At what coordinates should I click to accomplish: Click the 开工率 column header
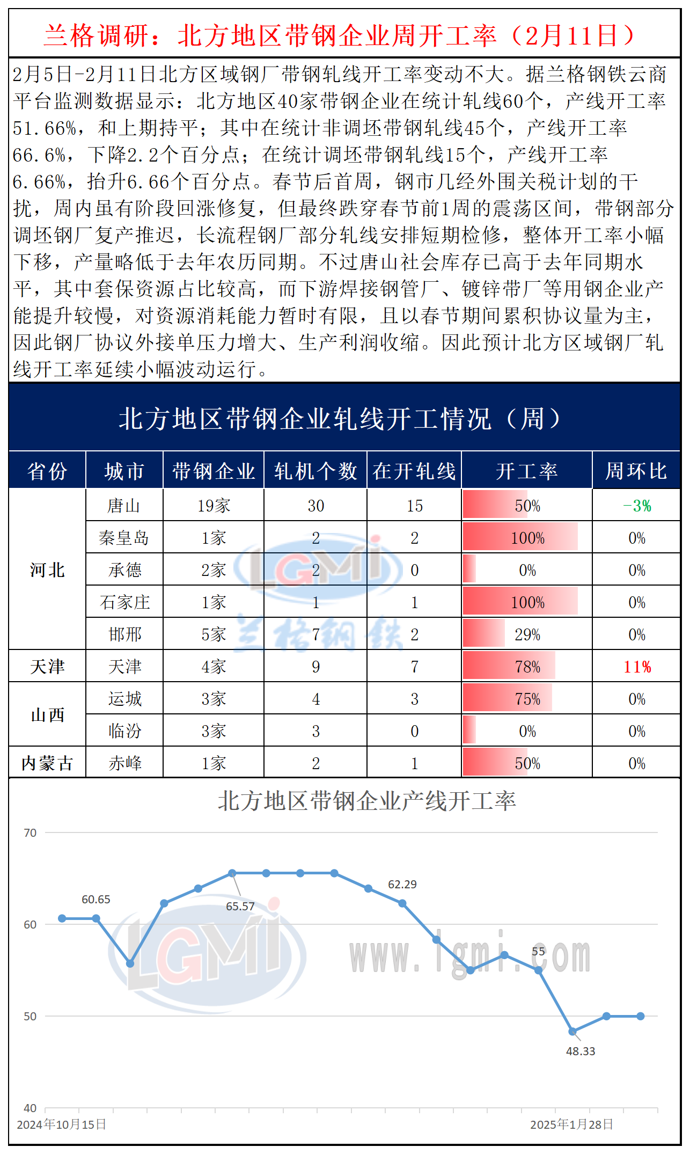[526, 471]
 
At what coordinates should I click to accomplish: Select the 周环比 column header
[636, 471]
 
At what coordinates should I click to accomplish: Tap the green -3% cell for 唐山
[637, 506]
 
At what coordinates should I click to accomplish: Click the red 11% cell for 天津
[637, 667]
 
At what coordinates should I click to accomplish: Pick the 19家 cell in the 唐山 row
[214, 506]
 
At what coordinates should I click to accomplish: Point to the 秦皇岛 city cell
[124, 538]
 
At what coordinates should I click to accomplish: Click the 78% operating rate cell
[527, 667]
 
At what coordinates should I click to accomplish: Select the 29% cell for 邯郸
[527, 634]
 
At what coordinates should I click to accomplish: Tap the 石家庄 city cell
[124, 602]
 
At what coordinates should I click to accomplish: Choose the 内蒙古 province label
[47, 763]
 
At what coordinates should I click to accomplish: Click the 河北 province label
[47, 569]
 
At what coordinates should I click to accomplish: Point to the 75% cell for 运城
[527, 699]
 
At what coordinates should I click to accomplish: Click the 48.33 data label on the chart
[581, 1051]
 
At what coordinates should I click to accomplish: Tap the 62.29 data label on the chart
[402, 884]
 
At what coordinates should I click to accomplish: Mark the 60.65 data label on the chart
[96, 899]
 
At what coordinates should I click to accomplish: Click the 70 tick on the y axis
[30, 832]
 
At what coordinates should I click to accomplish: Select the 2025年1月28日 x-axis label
[571, 1124]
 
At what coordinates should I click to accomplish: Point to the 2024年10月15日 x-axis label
[62, 1124]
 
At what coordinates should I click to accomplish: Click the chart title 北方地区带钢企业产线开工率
[366, 801]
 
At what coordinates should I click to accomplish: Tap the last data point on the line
[641, 1016]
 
